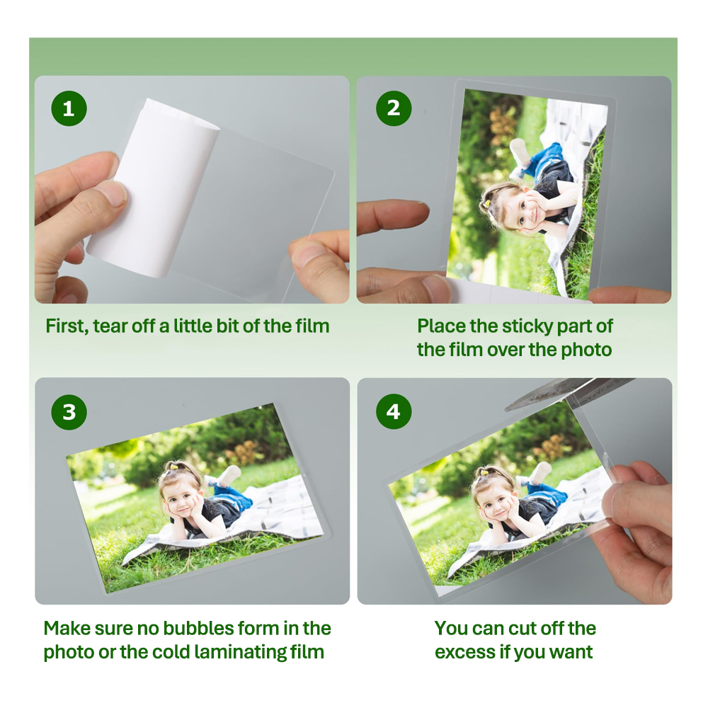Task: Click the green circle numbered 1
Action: (69, 108)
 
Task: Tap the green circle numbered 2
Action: (394, 108)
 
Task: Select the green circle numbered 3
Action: (69, 412)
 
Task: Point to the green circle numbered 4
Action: (394, 412)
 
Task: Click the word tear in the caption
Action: (110, 326)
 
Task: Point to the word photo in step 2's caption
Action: (586, 350)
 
